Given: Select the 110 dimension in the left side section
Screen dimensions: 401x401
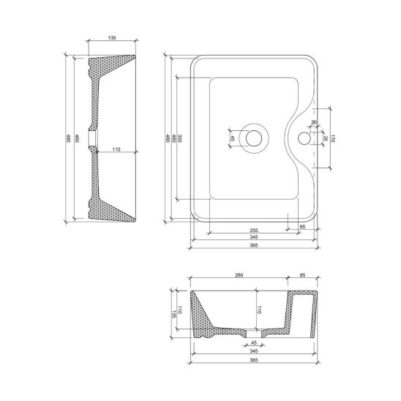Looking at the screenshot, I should point(116,149).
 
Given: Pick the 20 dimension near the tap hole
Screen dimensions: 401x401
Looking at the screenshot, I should point(313,122).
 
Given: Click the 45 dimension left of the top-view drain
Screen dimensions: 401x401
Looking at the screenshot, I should point(233,137).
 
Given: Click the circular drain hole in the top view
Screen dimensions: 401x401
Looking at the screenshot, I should point(255,137).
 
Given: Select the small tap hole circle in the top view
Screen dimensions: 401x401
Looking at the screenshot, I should point(304,137).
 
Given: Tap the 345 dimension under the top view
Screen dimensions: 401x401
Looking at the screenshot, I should point(253,238).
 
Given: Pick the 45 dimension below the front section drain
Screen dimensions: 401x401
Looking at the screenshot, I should point(254,343).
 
